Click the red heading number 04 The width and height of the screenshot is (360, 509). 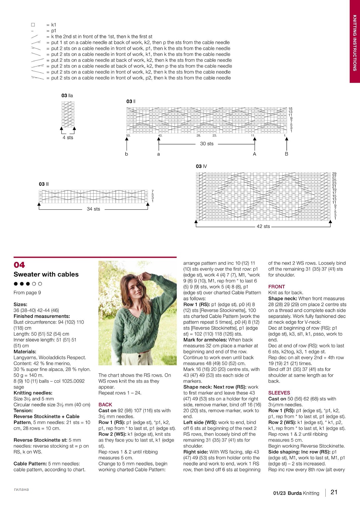click(x=19, y=265)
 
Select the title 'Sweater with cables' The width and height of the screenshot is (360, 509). click(x=46, y=274)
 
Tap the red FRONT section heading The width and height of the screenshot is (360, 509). click(x=276, y=287)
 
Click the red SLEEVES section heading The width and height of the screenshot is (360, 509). click(x=279, y=393)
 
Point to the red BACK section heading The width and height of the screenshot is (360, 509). click(x=105, y=404)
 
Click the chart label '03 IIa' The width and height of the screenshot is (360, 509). click(x=67, y=96)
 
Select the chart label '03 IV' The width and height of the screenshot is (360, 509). click(x=201, y=166)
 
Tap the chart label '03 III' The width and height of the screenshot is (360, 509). click(x=44, y=184)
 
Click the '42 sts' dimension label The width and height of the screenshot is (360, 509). click(x=263, y=226)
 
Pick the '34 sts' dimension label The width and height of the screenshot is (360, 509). click(x=93, y=209)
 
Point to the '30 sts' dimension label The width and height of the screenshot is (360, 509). click(x=207, y=144)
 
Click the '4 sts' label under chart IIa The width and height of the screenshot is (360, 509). click(x=68, y=137)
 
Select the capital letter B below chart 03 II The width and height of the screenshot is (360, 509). click(x=287, y=154)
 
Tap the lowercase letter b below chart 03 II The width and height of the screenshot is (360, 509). click(x=127, y=154)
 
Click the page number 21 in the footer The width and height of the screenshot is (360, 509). click(x=334, y=492)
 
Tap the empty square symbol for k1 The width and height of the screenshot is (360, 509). click(x=33, y=25)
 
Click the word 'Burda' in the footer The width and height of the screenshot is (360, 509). click(x=295, y=493)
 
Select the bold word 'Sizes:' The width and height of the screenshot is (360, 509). click(x=20, y=304)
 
